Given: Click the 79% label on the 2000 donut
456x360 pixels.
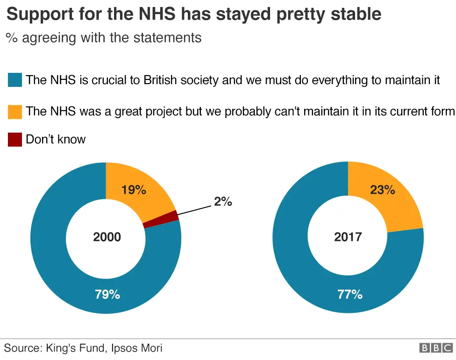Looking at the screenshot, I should pos(107,295).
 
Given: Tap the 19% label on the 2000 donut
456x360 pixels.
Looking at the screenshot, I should pos(134,190).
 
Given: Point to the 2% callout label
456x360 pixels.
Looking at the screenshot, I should pos(223,202).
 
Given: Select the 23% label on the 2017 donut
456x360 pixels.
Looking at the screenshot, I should pos(383,190).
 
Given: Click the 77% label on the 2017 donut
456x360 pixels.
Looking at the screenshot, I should pos(349,295).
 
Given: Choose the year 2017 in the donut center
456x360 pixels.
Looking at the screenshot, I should pos(348,237).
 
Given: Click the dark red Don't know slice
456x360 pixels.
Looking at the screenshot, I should pos(161,219).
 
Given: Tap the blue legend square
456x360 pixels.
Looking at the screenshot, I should pos(15,80).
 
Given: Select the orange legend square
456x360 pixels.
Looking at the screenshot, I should pos(15,112).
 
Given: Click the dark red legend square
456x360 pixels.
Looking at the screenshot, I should pos(15,140).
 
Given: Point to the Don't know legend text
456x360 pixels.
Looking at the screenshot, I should pos(56,139).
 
